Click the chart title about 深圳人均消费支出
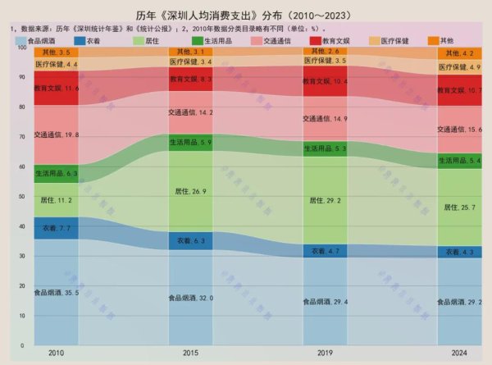click(x=246, y=12)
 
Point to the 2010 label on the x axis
click(x=56, y=353)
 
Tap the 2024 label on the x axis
click(x=459, y=353)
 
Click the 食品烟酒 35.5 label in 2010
click(x=56, y=292)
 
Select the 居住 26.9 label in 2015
click(x=190, y=191)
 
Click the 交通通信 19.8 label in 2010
click(x=56, y=135)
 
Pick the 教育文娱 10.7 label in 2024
click(x=459, y=90)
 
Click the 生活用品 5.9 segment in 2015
click(x=190, y=143)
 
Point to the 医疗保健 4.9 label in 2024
click(x=459, y=66)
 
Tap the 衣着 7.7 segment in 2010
click(x=56, y=228)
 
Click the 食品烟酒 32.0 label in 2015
click(x=190, y=298)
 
